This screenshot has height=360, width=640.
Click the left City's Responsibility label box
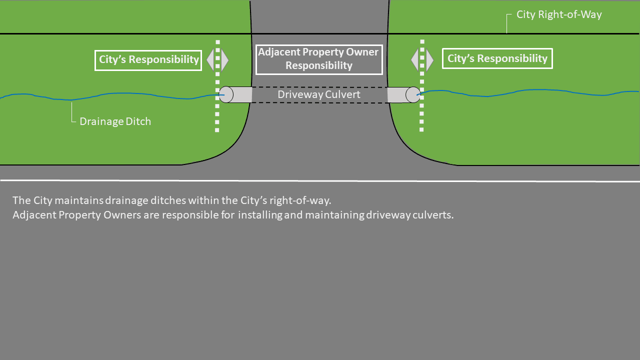click(148, 60)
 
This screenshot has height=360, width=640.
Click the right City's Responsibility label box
click(497, 58)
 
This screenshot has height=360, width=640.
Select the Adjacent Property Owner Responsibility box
click(319, 59)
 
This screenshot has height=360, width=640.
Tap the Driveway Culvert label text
click(319, 94)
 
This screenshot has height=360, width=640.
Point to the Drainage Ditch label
click(115, 121)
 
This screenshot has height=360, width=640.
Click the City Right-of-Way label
click(559, 14)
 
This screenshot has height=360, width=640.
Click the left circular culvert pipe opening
click(226, 94)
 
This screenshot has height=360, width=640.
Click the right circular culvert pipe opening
click(413, 94)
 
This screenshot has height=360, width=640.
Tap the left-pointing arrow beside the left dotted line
click(210, 60)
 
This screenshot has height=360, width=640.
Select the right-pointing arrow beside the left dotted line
click(224, 60)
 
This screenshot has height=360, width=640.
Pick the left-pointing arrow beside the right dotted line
click(414, 60)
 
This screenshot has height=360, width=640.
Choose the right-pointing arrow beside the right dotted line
click(429, 60)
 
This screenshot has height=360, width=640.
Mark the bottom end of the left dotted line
click(217, 130)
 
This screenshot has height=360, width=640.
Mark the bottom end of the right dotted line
click(421, 129)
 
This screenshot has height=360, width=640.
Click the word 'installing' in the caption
click(259, 216)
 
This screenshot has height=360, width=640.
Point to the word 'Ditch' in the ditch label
click(138, 121)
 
